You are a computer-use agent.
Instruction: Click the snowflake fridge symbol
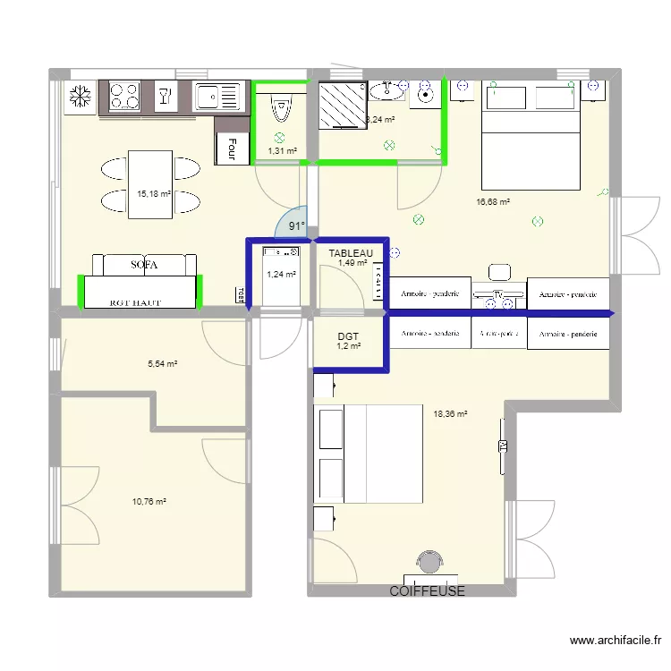(x=79, y=97)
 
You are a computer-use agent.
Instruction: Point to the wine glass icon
(x=164, y=95)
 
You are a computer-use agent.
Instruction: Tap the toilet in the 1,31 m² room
(x=282, y=109)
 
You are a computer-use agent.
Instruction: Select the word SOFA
(x=144, y=266)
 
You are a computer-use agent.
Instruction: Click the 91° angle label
(x=295, y=227)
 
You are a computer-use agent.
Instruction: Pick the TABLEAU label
(x=350, y=253)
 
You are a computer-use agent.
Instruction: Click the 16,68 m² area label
(x=493, y=203)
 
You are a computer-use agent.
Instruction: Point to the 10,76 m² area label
(x=149, y=502)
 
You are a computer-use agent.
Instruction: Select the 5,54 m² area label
(x=162, y=364)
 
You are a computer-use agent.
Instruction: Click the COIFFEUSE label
(x=428, y=591)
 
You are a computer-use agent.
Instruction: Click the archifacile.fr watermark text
(x=614, y=641)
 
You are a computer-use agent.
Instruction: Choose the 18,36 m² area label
(x=450, y=414)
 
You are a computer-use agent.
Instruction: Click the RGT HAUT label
(x=135, y=302)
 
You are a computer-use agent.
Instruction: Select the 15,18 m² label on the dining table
(x=152, y=192)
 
